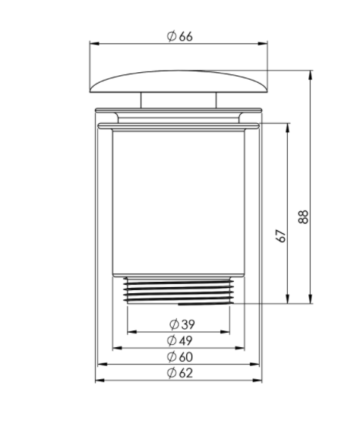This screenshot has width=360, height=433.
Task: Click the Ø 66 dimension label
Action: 180,36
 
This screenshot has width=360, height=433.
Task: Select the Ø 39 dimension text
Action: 182,324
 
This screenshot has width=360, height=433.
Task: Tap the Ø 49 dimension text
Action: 180,340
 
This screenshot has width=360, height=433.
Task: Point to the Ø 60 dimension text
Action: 180,357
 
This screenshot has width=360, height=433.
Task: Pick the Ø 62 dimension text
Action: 180,373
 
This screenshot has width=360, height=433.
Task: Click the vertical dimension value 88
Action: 303,217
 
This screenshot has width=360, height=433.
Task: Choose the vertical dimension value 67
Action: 281,235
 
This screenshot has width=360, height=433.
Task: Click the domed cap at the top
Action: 178,81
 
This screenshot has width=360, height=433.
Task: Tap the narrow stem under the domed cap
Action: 178,100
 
